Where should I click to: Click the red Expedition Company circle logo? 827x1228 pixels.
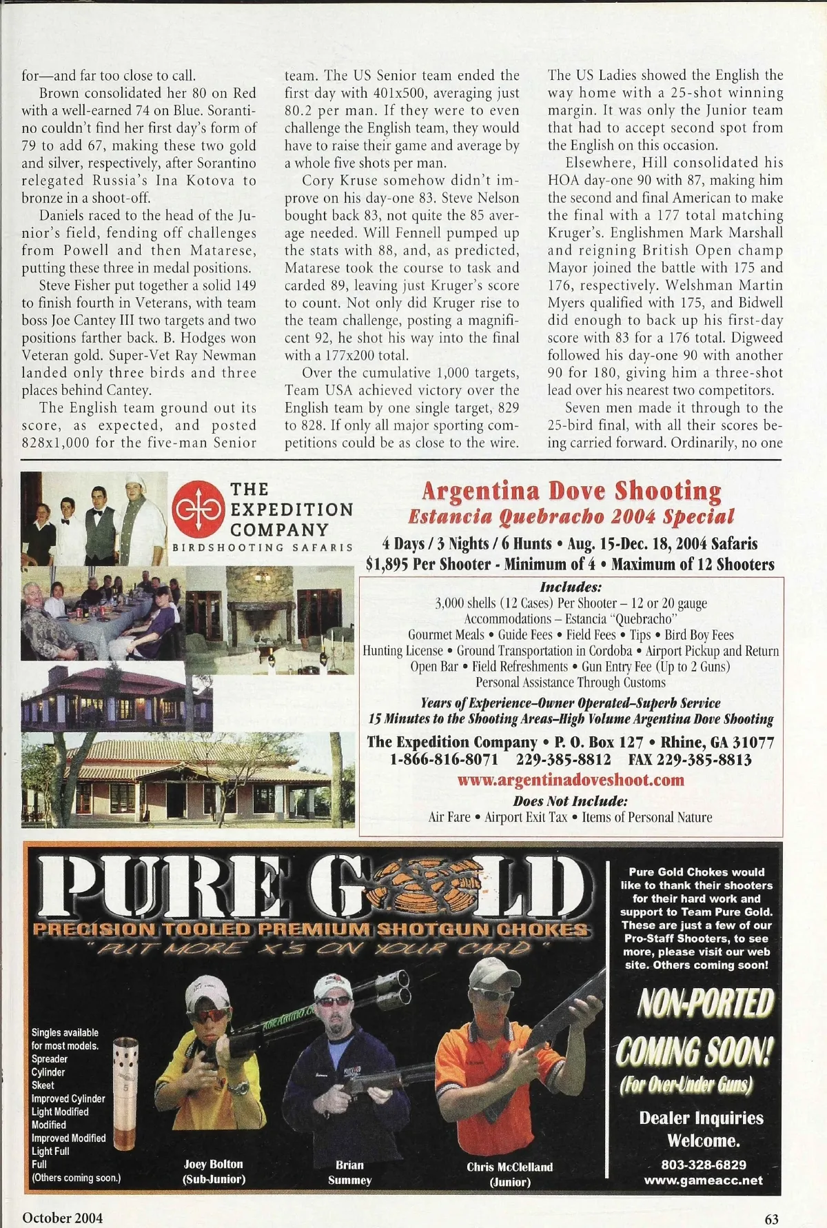click(199, 509)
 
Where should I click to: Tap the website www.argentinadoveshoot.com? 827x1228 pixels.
click(571, 780)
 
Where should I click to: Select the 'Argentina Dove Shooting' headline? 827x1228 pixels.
click(571, 491)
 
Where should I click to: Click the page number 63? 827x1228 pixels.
click(771, 1218)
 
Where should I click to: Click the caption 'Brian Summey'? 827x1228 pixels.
click(349, 1172)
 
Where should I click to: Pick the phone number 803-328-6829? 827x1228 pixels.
click(703, 1165)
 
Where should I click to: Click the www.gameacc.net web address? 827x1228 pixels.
click(703, 1180)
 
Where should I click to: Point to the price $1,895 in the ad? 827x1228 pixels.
click(389, 565)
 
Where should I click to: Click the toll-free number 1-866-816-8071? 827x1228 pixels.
click(444, 760)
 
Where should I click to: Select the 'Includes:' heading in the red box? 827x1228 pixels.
click(571, 587)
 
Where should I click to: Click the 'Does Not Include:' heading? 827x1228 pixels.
click(571, 801)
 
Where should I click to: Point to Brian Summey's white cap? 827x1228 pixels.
click(333, 987)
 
